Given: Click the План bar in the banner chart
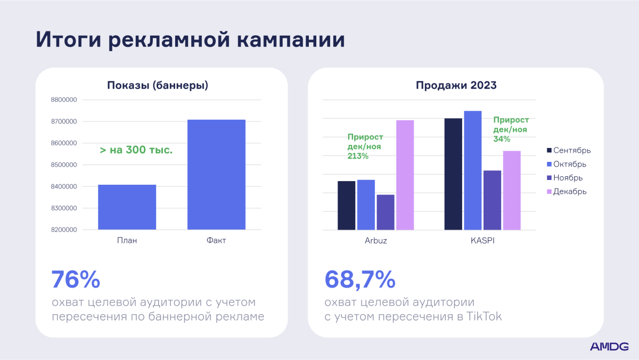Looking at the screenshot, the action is click(127, 207).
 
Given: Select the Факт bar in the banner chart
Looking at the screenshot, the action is click(216, 175).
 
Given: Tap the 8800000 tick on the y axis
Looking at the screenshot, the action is click(64, 100).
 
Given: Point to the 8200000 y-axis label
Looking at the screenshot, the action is click(64, 230).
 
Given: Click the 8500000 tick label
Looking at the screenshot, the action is click(64, 165).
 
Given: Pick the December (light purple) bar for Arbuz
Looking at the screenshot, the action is click(405, 175).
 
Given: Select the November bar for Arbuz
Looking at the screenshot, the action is click(386, 212).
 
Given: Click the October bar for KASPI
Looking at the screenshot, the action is click(473, 170).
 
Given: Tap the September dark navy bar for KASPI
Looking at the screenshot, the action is click(453, 174).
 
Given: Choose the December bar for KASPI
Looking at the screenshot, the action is click(512, 190).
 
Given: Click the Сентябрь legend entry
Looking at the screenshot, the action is click(569, 150).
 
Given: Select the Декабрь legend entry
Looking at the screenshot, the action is click(567, 191).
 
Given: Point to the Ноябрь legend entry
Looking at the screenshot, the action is click(564, 178).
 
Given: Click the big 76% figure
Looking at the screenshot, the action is click(76, 280).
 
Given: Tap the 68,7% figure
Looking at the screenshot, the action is click(360, 280).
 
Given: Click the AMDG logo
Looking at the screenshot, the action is click(609, 347).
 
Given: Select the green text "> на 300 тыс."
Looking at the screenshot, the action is click(136, 150).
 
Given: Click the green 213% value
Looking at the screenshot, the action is click(358, 156).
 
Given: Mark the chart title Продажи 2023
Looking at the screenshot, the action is click(456, 85).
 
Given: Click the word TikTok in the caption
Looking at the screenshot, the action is click(484, 316).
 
